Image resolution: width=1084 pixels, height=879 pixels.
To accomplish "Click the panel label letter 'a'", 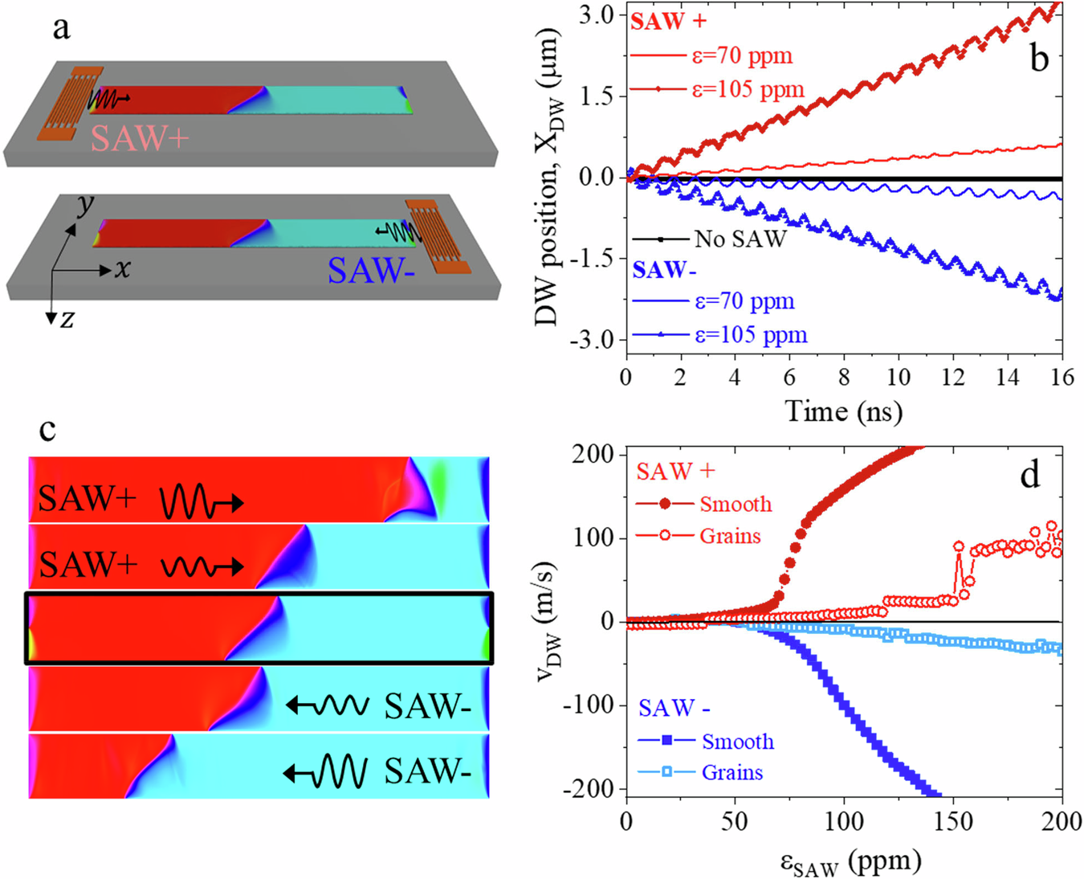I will (x=61, y=29).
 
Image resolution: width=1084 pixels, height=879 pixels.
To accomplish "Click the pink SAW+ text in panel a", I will (x=140, y=138).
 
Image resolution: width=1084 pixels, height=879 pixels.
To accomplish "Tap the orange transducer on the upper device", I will (x=71, y=102).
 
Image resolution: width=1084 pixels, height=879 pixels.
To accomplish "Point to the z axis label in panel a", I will (x=67, y=319).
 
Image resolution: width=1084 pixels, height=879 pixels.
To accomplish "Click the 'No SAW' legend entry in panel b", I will (x=740, y=239).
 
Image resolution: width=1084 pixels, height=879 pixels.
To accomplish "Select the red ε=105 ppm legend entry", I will (x=748, y=89).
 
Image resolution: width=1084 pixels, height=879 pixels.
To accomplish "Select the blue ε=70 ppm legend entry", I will (x=744, y=301).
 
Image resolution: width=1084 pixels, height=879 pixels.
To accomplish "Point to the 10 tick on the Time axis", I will (x=898, y=377).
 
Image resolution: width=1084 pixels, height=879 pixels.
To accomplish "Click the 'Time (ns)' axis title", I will (x=843, y=411).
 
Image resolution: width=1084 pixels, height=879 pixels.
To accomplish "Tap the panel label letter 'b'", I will (x=1039, y=58).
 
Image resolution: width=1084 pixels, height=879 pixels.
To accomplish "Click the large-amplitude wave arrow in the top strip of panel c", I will (x=201, y=503).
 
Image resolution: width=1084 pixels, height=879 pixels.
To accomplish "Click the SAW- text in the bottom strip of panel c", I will (x=427, y=771).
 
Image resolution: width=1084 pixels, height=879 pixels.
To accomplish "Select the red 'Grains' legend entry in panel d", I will (x=729, y=536).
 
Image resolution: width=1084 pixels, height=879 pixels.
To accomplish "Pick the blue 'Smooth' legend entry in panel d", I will (x=737, y=741).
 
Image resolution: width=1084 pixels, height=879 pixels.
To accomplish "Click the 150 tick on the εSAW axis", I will (x=952, y=821).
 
